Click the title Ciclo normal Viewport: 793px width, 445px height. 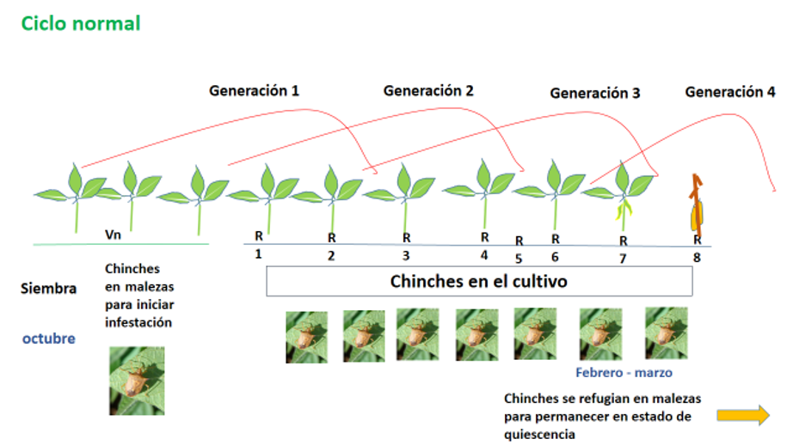pyautogui.click(x=81, y=23)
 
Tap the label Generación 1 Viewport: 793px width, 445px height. pyautogui.click(x=254, y=89)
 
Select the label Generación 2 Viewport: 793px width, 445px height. pyautogui.click(x=428, y=89)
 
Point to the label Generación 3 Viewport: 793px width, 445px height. pyautogui.click(x=595, y=93)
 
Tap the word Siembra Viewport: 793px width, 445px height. pyautogui.click(x=48, y=289)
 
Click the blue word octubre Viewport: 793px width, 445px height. pyautogui.click(x=48, y=338)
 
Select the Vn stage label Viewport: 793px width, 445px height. pyautogui.click(x=113, y=234)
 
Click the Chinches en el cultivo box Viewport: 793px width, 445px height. pyautogui.click(x=479, y=281)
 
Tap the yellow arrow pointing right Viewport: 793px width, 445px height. pyautogui.click(x=743, y=415)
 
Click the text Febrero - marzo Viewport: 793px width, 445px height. pyautogui.click(x=624, y=373)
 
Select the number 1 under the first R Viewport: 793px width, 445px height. pyautogui.click(x=257, y=254)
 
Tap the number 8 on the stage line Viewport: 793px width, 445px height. pyautogui.click(x=697, y=256)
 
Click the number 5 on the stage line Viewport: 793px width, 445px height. pyautogui.click(x=519, y=257)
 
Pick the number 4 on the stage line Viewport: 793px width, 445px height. pyautogui.click(x=484, y=255)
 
